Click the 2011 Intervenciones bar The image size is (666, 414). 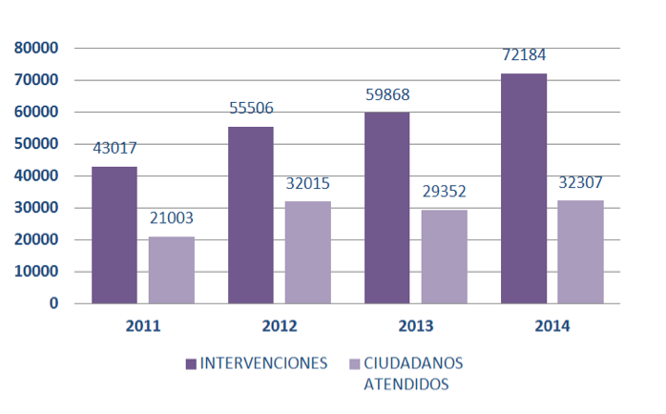114,236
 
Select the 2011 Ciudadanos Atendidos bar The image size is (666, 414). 172,270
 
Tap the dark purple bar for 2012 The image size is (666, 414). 251,216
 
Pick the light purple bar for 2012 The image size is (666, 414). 308,253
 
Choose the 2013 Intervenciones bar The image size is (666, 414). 387,208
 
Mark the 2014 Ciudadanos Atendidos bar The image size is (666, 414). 580,252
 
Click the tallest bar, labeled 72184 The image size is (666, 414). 524,189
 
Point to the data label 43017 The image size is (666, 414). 114,148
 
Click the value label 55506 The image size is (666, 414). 251,108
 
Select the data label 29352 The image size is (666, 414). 445,191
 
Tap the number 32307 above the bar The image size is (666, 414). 580,181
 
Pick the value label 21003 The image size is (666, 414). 172,217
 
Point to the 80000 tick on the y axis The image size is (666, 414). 36,48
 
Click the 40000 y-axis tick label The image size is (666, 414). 36,176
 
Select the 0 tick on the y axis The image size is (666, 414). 53,303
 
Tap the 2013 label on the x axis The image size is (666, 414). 416,326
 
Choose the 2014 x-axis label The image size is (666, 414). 552,326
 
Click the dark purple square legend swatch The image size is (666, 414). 191,363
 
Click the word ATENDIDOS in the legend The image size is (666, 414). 406,384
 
